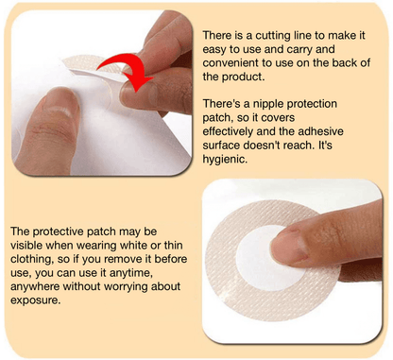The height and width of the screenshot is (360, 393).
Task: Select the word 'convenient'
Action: tap(235, 63)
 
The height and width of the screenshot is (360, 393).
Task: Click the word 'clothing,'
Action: tap(36, 260)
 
